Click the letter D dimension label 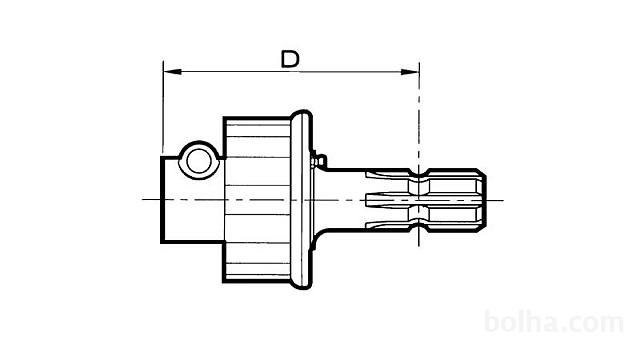pos(290,59)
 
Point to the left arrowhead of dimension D pos(172,72)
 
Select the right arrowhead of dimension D pos(410,72)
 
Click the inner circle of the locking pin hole pos(198,161)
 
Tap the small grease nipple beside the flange pos(318,160)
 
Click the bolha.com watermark pos(554,322)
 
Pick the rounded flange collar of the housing pos(302,200)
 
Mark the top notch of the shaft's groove pos(418,172)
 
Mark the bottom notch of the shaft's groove pos(418,228)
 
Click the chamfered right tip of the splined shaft pos(482,200)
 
